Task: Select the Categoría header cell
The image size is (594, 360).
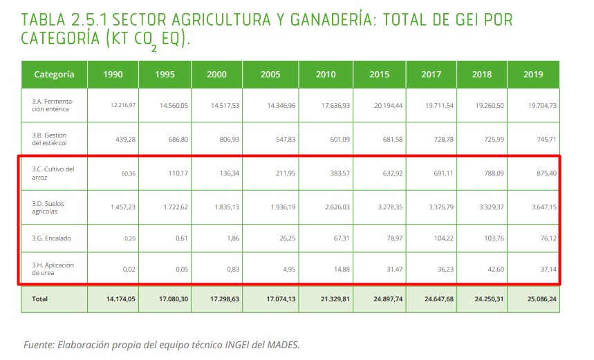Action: tap(54, 75)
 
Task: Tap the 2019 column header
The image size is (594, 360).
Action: tap(533, 75)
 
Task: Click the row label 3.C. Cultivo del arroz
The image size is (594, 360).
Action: tap(53, 173)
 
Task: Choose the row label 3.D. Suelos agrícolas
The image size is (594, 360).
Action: tap(48, 205)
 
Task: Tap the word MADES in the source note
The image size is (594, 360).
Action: tap(283, 344)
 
